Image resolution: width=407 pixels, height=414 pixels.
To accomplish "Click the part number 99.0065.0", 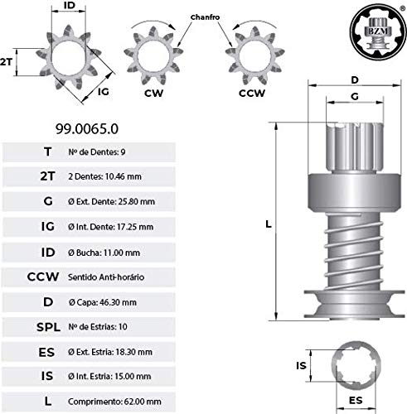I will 89,129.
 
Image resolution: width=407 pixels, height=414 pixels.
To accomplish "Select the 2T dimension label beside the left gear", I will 7,62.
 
